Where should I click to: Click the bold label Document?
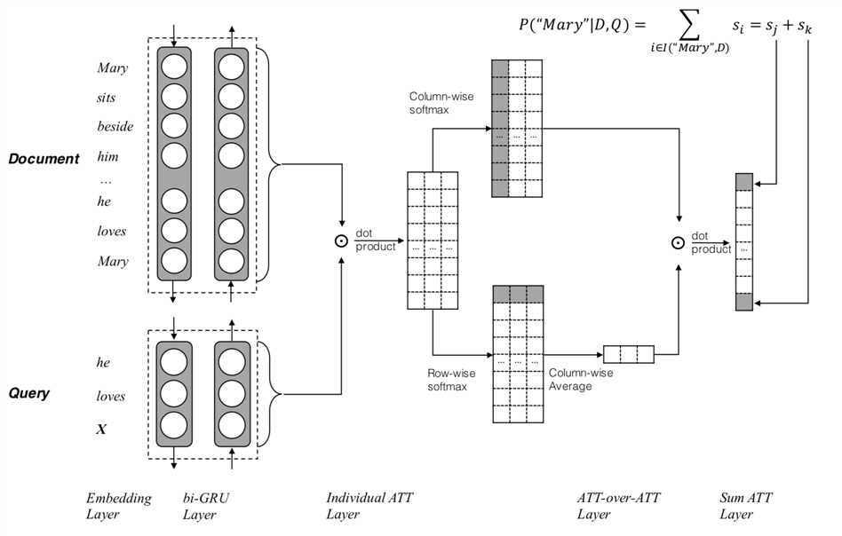[44, 159]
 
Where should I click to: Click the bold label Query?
[31, 393]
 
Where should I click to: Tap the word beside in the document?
[115, 127]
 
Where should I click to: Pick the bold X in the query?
[101, 430]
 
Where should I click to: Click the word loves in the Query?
[111, 397]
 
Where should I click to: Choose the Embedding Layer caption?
[119, 506]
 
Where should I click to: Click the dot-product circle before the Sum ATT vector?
[679, 241]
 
